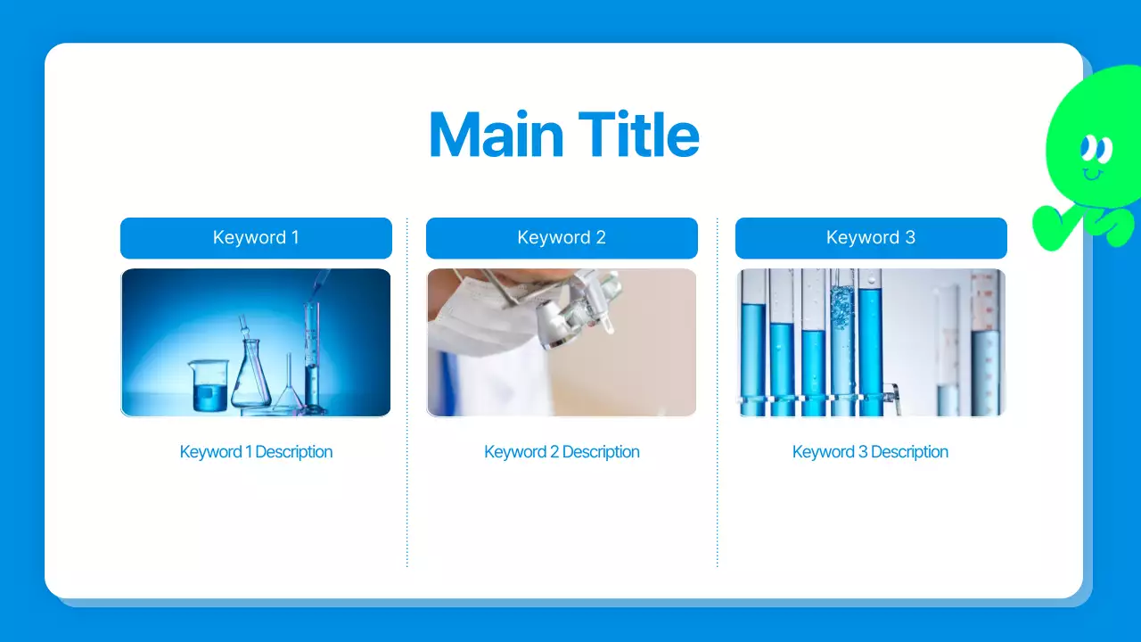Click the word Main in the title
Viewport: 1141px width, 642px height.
497,135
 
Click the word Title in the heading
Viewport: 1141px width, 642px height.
639,135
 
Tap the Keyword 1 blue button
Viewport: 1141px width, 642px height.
256,238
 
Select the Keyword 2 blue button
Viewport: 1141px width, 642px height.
562,238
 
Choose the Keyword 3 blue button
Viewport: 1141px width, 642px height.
871,238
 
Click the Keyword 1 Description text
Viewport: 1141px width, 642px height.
256,452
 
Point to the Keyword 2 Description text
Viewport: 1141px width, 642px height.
562,452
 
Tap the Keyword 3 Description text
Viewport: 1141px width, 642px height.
870,452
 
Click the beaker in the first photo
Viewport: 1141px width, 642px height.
209,385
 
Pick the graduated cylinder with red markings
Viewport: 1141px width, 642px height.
987,342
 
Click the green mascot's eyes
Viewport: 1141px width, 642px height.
1096,149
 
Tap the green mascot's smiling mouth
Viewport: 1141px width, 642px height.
1093,175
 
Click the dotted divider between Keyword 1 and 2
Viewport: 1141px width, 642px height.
407,392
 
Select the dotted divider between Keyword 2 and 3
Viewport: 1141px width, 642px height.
718,392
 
